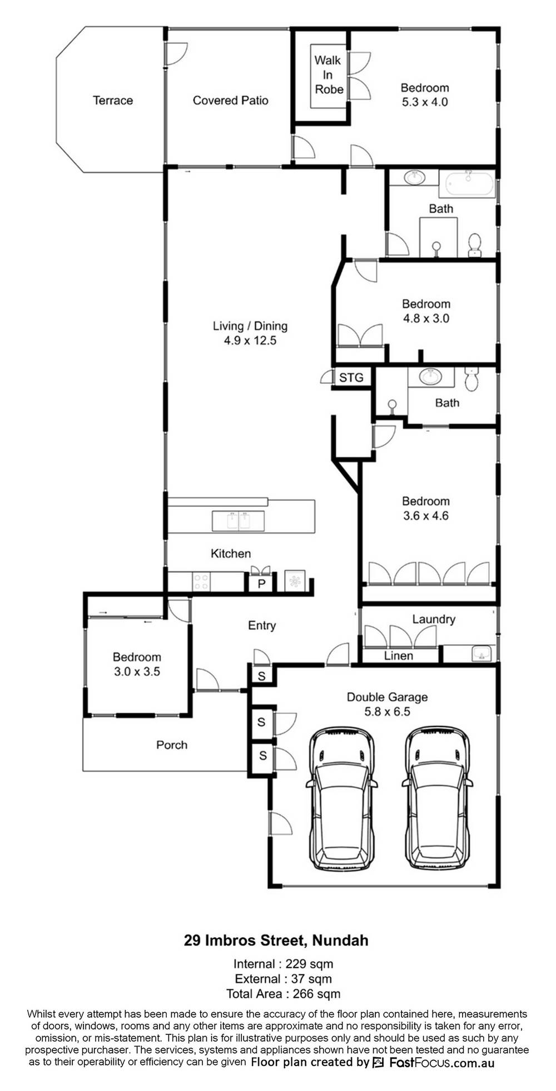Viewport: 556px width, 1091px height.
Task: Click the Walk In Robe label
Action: [329, 74]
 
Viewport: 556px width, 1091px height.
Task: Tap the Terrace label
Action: [113, 101]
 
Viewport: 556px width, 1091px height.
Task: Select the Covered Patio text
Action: [230, 101]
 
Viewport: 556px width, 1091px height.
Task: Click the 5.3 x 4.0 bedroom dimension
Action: [424, 102]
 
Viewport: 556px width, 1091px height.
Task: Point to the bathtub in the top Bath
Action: [467, 183]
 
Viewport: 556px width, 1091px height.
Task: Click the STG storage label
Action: [351, 378]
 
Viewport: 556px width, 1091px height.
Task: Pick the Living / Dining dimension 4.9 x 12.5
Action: [250, 341]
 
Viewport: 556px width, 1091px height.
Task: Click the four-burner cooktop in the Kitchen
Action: [201, 582]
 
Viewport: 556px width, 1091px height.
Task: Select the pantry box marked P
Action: [261, 584]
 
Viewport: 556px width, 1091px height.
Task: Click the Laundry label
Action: [434, 619]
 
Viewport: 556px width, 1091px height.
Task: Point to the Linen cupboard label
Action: [399, 656]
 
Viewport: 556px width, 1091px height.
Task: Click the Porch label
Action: [172, 745]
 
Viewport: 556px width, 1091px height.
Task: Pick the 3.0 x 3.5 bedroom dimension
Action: [137, 672]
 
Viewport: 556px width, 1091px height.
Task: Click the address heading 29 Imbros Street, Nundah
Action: [276, 940]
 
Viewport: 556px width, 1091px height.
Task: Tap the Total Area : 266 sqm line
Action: [284, 994]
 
